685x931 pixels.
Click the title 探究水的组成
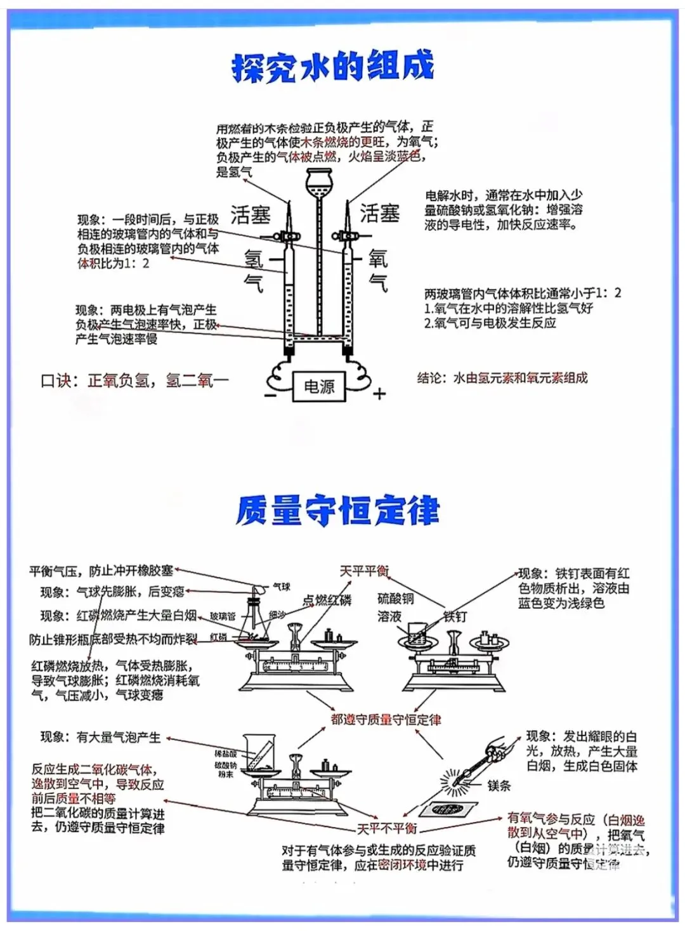coord(333,66)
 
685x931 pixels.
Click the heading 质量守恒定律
coord(337,511)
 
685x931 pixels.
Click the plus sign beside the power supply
coord(379,394)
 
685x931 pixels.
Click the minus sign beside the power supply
coord(271,395)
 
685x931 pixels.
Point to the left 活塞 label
coord(250,215)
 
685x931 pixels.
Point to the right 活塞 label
coord(380,213)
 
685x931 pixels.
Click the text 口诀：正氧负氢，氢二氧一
coord(134,381)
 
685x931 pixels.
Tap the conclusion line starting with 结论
coord(502,378)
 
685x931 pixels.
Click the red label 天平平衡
coord(365,571)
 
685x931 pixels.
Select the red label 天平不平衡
coord(387,828)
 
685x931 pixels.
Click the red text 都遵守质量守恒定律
coord(386,719)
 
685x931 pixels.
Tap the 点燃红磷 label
coord(327,600)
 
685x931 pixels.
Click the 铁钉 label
coord(455,616)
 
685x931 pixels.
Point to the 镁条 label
coord(499,785)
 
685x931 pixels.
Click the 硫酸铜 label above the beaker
coord(396,598)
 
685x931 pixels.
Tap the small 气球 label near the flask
coord(282,587)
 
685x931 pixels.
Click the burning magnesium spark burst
coord(454,782)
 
